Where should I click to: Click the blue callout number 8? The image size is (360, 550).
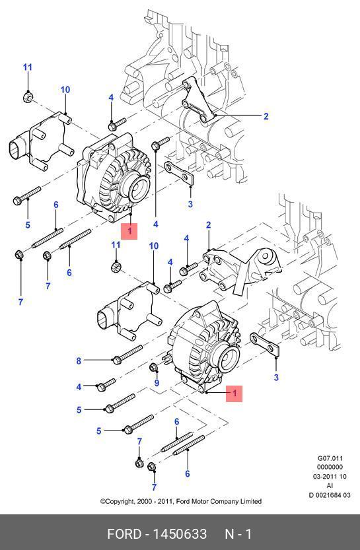coord(79,361)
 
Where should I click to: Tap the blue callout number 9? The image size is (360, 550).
coord(157,383)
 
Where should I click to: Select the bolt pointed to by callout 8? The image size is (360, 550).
coord(127,355)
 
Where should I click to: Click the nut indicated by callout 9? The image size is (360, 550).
coord(153,368)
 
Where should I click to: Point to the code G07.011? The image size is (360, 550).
coord(330,458)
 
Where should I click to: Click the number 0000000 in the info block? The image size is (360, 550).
coord(330,467)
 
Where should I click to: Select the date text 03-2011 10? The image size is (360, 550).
coord(330,476)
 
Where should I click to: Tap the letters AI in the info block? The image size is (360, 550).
coord(330,485)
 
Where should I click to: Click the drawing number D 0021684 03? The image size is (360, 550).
coord(330,495)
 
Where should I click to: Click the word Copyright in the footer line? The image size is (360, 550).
coord(118,502)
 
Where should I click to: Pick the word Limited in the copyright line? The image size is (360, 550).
coord(251,501)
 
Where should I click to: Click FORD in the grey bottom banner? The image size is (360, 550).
coord(124,534)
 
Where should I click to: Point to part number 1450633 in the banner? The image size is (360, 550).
coord(180,534)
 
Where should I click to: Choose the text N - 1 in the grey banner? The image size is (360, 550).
coord(238,534)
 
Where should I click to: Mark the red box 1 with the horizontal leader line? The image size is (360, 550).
coord(234,394)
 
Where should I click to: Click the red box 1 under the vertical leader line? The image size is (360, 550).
coord(129,231)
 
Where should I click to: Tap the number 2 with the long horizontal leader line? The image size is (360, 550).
coord(266,116)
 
